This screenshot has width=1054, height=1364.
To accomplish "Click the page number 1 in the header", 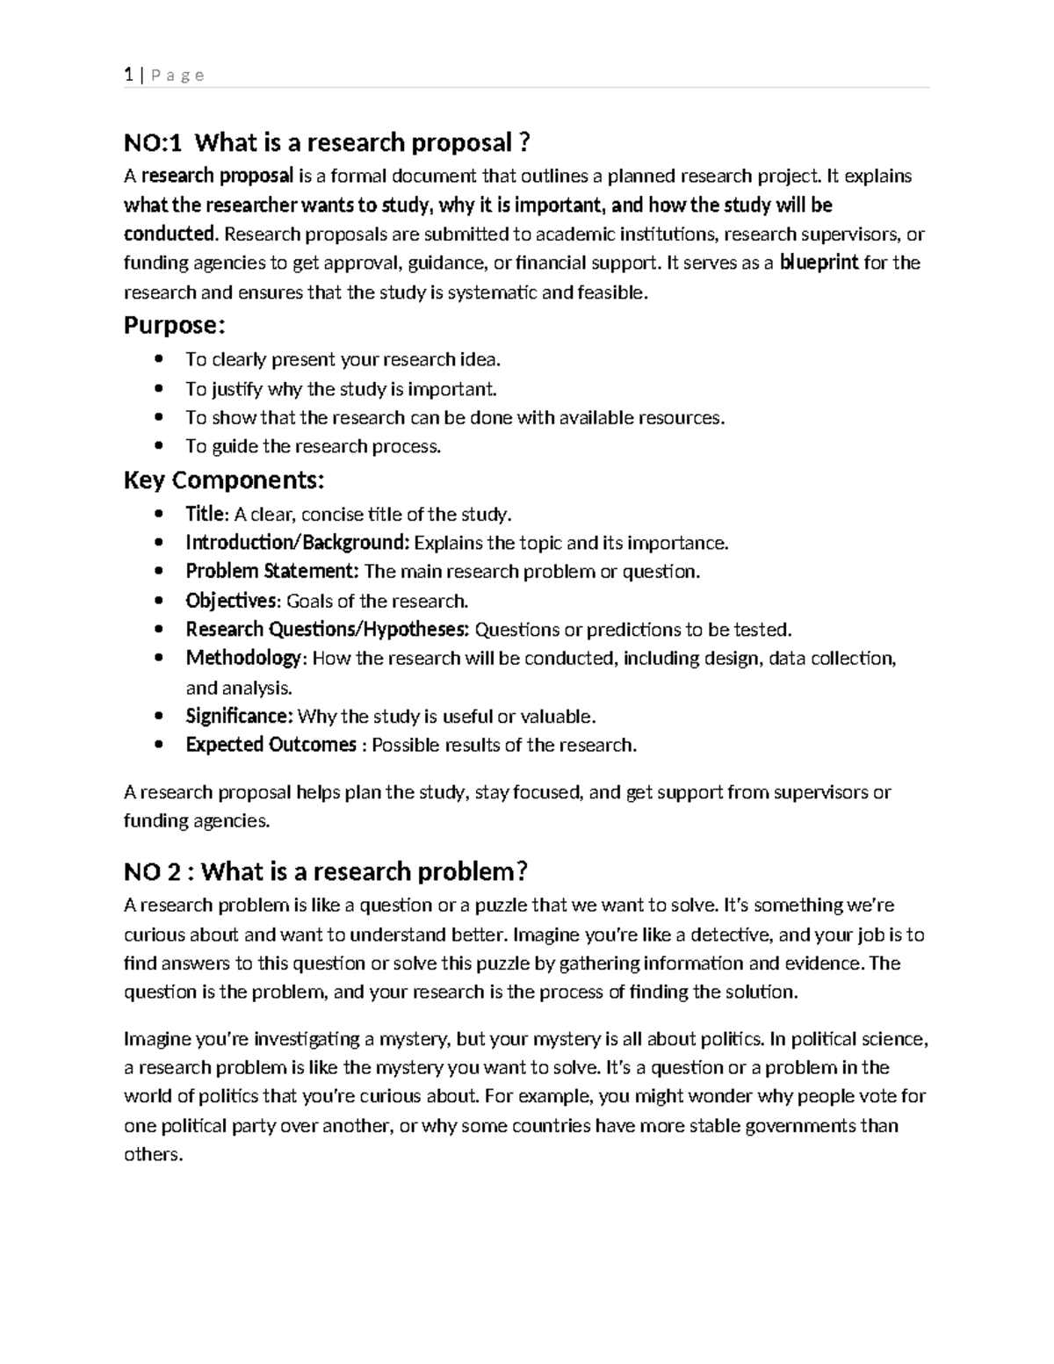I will (128, 76).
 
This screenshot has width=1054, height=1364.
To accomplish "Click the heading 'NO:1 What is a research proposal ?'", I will (327, 142).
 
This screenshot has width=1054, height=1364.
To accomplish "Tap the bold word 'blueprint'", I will (819, 263).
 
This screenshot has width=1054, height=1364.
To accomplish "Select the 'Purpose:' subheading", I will (174, 326).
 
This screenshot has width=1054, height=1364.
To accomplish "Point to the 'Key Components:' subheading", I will (224, 480).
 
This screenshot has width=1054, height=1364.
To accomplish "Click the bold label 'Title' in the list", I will (206, 514).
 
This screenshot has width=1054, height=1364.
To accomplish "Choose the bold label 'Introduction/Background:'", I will (297, 543).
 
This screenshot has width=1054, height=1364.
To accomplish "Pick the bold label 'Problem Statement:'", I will (271, 572).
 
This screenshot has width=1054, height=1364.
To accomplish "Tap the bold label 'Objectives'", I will (231, 601).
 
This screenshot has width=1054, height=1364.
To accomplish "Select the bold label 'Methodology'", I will (243, 659).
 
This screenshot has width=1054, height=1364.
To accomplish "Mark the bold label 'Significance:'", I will (239, 717).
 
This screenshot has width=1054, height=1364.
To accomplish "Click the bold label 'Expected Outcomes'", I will (271, 746).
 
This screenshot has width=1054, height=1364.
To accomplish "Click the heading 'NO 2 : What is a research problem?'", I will (325, 871).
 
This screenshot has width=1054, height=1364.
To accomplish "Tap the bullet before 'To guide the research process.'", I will (158, 446).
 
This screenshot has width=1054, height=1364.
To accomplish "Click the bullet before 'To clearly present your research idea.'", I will (158, 359).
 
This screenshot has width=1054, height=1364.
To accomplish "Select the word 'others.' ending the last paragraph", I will (154, 1155).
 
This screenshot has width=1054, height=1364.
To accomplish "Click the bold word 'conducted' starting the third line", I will (169, 235).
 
